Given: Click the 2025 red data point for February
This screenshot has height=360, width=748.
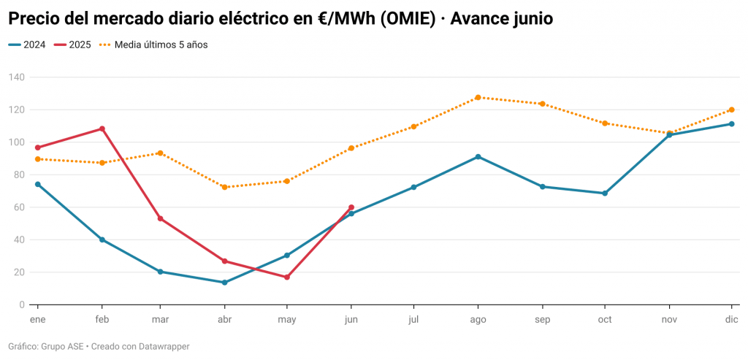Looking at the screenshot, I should (102, 129).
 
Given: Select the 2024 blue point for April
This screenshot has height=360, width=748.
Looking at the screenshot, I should (224, 283).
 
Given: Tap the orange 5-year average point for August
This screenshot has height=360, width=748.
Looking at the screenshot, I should (478, 97).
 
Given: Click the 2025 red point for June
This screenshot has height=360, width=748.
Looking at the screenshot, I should (351, 207).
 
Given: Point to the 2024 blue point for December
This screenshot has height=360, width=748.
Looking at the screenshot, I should (731, 124).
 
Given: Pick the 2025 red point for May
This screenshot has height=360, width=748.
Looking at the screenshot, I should (287, 277).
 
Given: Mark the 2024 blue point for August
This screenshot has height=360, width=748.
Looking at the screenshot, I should (478, 157).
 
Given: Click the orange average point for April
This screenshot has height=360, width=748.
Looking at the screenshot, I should (224, 188).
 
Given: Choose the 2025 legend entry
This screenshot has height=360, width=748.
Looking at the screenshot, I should (80, 45).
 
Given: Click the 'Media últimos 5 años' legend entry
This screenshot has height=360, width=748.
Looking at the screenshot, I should (161, 45).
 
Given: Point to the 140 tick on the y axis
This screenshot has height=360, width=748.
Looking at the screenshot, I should (16, 77).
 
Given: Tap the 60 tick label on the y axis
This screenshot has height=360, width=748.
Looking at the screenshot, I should (18, 207).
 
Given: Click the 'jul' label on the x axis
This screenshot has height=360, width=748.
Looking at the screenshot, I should (413, 320).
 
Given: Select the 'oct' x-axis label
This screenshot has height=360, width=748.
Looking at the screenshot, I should (604, 320).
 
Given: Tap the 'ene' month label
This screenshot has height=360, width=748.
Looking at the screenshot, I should (37, 320).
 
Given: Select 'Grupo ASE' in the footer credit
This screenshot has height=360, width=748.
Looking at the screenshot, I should (63, 346).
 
